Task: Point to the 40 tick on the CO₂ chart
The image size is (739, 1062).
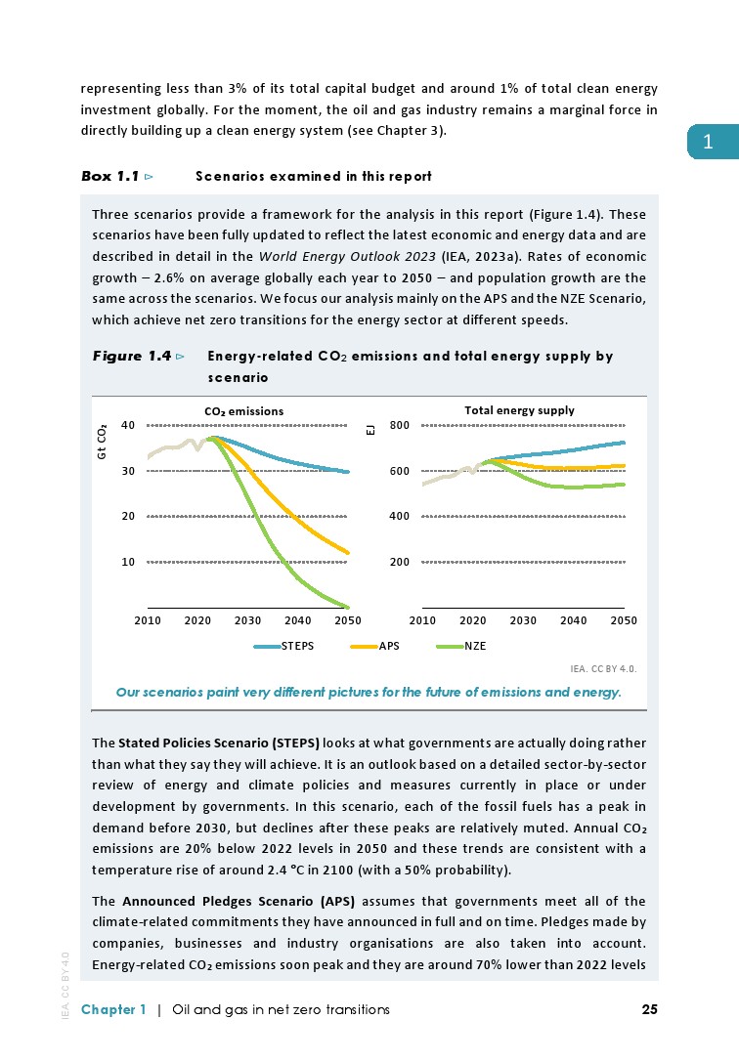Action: [x=128, y=425]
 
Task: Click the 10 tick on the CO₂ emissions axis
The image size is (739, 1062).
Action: [x=128, y=562]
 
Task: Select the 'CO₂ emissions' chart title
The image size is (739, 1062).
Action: [x=244, y=411]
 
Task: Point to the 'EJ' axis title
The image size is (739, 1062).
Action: [x=369, y=429]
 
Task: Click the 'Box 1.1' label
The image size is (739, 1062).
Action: [x=109, y=177]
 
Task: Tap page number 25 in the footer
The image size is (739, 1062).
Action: [x=649, y=1009]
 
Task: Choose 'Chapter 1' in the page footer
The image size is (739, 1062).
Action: [x=113, y=1009]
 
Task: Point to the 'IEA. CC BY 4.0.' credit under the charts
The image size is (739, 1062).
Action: [x=603, y=669]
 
